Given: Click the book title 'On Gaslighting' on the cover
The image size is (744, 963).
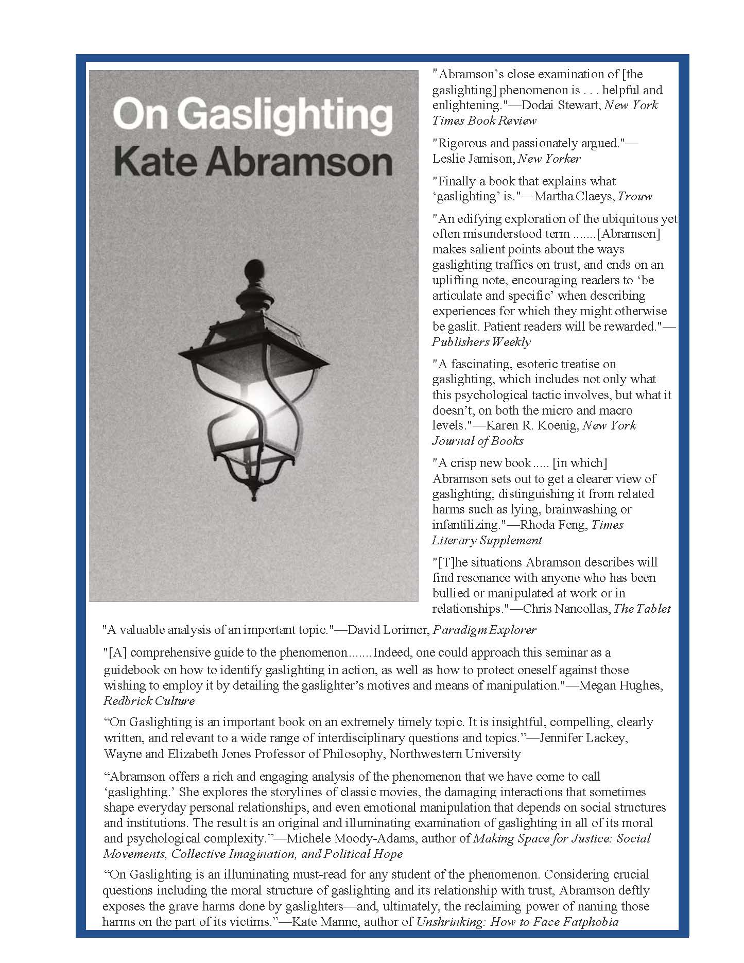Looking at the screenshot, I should click(252, 115).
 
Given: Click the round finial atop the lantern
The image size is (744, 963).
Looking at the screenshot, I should click(253, 269).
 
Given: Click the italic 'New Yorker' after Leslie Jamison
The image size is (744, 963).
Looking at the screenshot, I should click(549, 159).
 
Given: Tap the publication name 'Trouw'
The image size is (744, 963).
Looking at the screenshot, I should click(635, 196).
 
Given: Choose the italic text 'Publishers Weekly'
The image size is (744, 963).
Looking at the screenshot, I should click(481, 342).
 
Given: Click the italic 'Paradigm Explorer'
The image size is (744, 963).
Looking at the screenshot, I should click(484, 630).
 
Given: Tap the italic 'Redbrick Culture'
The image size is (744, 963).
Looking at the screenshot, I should click(149, 701).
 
